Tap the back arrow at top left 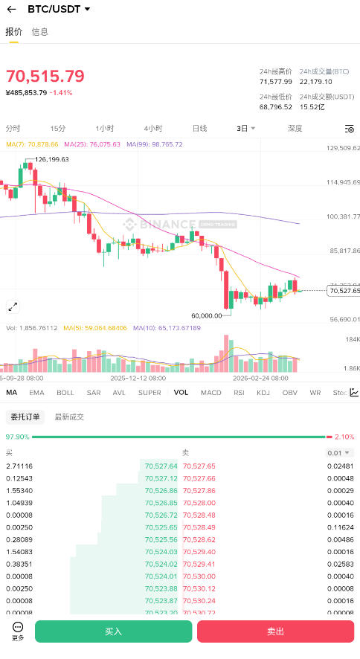pyautogui.click(x=11, y=9)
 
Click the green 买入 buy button pyautogui.click(x=113, y=631)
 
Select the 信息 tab pyautogui.click(x=40, y=32)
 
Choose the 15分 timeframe pyautogui.click(x=58, y=128)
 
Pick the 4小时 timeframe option pyautogui.click(x=153, y=128)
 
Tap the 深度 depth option pyautogui.click(x=295, y=128)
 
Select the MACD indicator pyautogui.click(x=211, y=392)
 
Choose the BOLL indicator pyautogui.click(x=65, y=392)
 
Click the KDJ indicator pyautogui.click(x=263, y=392)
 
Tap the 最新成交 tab pyautogui.click(x=69, y=417)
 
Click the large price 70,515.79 pyautogui.click(x=45, y=76)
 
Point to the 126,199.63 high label pyautogui.click(x=52, y=159)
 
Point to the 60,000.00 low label pyautogui.click(x=207, y=315)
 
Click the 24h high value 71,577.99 pyautogui.click(x=276, y=81)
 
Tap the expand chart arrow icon pyautogui.click(x=13, y=306)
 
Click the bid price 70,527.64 pyautogui.click(x=161, y=466)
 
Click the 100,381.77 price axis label pyautogui.click(x=343, y=216)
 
